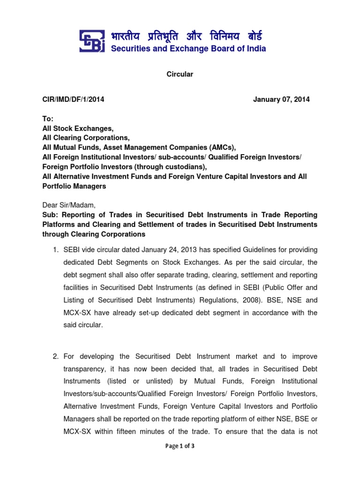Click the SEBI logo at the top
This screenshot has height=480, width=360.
92,42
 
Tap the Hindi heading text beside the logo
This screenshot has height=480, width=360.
187,36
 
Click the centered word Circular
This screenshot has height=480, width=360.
180,74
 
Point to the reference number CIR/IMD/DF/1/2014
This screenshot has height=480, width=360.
73,99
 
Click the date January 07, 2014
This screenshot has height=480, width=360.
281,99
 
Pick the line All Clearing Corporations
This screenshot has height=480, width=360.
86,138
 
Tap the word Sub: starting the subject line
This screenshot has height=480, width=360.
50,215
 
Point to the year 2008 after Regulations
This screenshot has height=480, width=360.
252,300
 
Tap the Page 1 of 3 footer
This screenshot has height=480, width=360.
180,446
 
